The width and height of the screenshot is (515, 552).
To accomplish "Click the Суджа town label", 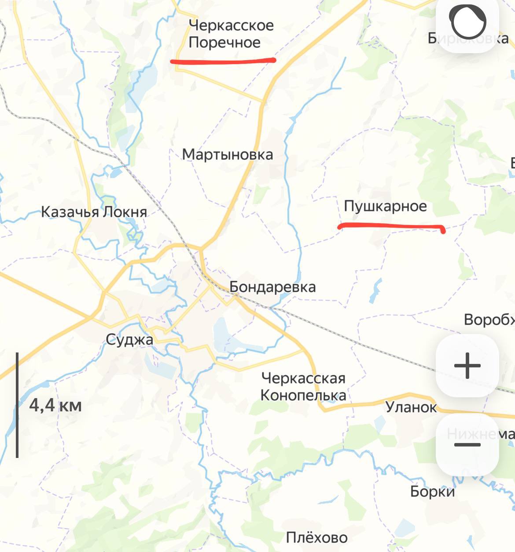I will [x=129, y=340].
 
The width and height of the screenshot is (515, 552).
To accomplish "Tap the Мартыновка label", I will [x=228, y=155].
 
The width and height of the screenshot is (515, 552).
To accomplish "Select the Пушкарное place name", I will [x=385, y=206].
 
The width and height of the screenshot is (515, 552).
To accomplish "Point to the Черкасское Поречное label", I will [x=231, y=34].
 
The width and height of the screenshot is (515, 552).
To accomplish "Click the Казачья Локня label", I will [x=94, y=212].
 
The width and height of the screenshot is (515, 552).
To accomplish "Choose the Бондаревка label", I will [x=272, y=287].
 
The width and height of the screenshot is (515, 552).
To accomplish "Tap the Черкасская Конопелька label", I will [x=303, y=387].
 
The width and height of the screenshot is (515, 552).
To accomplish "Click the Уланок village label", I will [x=411, y=407].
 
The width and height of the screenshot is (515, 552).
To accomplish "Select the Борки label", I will [x=432, y=491].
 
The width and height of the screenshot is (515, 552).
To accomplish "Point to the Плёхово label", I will [x=316, y=537].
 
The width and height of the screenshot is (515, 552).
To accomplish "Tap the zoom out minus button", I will [x=467, y=445].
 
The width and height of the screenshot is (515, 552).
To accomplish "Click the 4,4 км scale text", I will [x=55, y=405].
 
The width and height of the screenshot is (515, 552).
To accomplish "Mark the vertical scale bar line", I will [x=17, y=405].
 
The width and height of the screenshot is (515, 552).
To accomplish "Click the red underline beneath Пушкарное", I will [x=391, y=226].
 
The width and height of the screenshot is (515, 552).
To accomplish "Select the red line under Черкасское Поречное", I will [x=223, y=61].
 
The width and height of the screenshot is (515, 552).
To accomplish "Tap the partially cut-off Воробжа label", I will [x=489, y=320].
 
